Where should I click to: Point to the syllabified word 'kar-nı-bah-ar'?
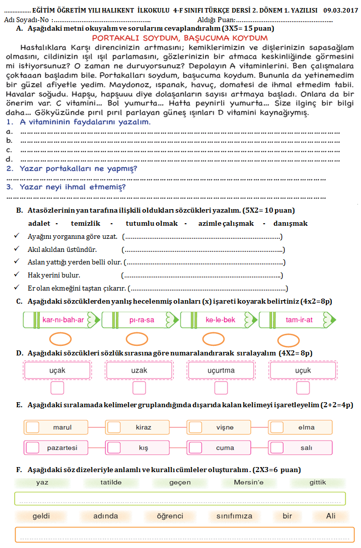(x=63, y=320)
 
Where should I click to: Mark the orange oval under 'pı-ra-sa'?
(x=136, y=339)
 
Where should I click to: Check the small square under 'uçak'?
(x=58, y=388)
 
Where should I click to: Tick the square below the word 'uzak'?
(x=139, y=388)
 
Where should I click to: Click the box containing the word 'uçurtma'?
(x=221, y=371)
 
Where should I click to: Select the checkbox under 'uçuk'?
(x=303, y=388)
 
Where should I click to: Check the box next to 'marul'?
(x=33, y=427)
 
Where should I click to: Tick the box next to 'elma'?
(x=277, y=427)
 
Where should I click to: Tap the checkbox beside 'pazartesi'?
(x=33, y=447)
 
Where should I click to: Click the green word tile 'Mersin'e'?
(x=248, y=483)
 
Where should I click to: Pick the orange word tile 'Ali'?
(x=330, y=516)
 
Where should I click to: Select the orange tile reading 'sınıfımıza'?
(x=235, y=516)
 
